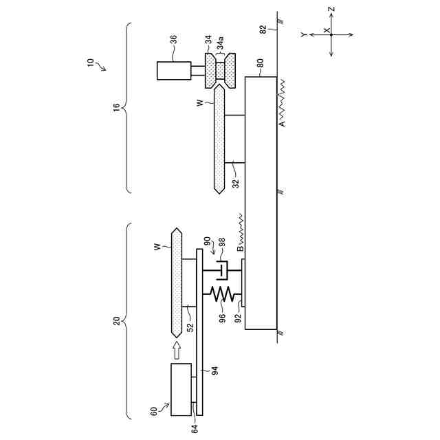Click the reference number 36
[x=174, y=38]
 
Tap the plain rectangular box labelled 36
[x=174, y=71]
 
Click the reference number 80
[x=260, y=63]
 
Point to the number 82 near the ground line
[x=263, y=30]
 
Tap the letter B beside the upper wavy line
[x=241, y=248]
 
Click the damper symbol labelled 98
[x=222, y=270]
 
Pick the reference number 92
[x=238, y=318]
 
